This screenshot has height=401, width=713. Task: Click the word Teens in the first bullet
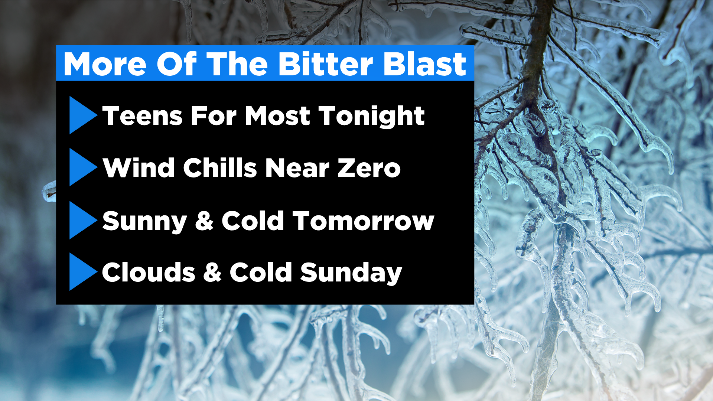pyautogui.click(x=142, y=116)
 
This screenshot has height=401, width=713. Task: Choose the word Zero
pyautogui.click(x=369, y=168)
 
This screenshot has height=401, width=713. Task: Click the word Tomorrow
pyautogui.click(x=363, y=221)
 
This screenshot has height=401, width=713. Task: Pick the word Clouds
pyautogui.click(x=149, y=272)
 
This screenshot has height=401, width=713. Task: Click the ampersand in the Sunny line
pyautogui.click(x=204, y=221)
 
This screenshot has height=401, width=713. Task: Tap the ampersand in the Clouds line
pyautogui.click(x=212, y=272)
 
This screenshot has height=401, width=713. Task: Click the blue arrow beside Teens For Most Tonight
pyautogui.click(x=82, y=115)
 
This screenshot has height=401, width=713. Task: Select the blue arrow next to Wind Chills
pyautogui.click(x=82, y=167)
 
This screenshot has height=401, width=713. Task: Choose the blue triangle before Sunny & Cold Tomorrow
pyautogui.click(x=82, y=220)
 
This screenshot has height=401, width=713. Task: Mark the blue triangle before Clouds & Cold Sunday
pyautogui.click(x=82, y=272)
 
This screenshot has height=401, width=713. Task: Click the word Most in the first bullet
pyautogui.click(x=277, y=116)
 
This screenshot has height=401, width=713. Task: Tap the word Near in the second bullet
pyautogui.click(x=297, y=168)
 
